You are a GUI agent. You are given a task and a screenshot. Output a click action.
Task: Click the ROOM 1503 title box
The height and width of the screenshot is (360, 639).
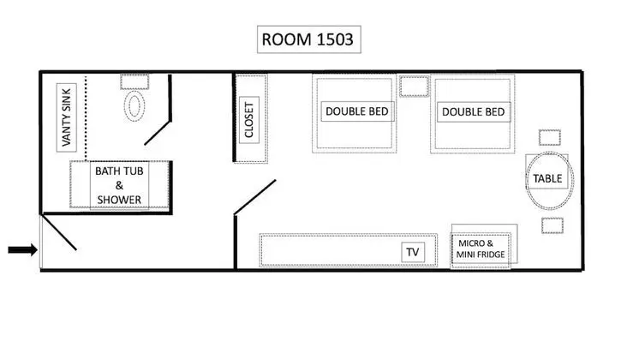309,39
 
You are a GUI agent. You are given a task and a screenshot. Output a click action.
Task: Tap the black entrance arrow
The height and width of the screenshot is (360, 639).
23,249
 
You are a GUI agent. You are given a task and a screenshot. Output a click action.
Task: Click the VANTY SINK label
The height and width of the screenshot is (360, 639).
67,117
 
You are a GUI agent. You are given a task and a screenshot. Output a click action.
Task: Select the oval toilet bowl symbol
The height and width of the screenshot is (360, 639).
134,106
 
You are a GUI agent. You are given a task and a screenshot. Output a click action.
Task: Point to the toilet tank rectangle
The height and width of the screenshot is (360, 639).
134,81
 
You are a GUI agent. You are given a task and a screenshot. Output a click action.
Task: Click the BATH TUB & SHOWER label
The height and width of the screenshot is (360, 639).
119,185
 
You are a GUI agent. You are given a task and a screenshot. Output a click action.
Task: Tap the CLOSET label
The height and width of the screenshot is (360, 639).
249,120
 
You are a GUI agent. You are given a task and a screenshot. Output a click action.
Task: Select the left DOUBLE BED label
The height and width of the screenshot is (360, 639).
357,111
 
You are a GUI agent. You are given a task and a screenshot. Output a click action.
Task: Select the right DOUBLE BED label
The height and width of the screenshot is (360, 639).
474,111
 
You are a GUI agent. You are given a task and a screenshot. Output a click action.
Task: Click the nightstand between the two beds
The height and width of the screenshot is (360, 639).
414,87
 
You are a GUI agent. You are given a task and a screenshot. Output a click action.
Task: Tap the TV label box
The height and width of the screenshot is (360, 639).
413,252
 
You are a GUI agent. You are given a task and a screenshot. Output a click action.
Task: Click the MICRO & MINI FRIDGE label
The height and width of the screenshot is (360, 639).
481,249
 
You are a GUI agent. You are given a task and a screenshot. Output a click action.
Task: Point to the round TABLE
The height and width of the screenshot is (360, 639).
550,181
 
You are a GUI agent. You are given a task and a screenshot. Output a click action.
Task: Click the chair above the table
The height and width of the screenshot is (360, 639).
550,138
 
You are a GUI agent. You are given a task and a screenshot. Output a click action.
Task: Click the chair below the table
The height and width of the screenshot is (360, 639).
552,225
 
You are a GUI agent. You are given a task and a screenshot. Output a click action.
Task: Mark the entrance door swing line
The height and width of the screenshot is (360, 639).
59,233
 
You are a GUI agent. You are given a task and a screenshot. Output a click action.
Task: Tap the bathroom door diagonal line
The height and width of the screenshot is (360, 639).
158,133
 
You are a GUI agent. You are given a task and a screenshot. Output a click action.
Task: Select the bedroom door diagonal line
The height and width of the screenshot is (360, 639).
255,197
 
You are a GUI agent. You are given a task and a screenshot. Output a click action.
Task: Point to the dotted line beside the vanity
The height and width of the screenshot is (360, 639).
86,117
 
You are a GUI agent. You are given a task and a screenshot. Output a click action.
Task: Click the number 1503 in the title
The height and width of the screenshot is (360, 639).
335,39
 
